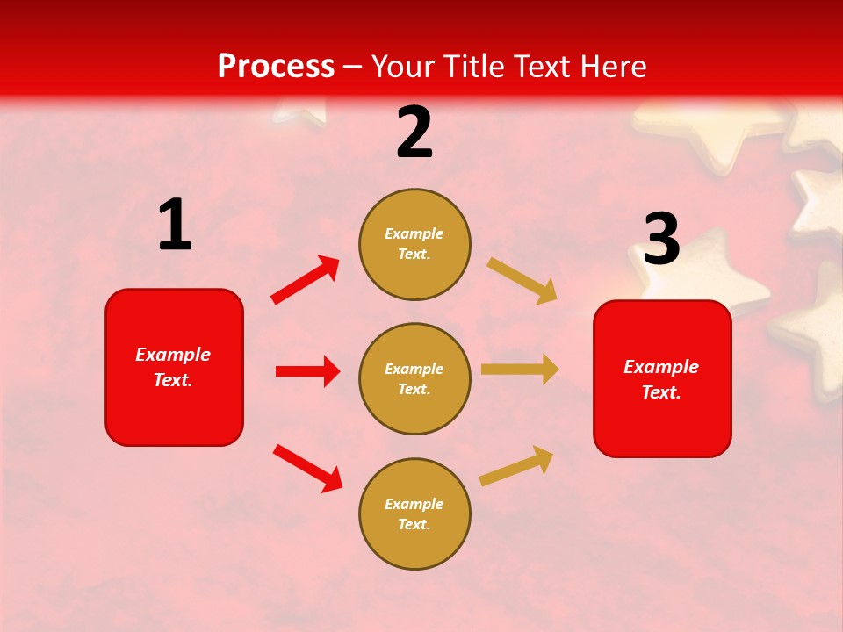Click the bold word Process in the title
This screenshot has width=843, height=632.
coord(276,67)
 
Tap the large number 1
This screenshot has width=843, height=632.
coord(175,226)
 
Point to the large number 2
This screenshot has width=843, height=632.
coord(414,133)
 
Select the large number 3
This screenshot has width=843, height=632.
coord(661,240)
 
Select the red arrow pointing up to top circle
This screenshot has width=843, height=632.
coord(306,280)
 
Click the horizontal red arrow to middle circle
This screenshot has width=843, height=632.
coord(307,371)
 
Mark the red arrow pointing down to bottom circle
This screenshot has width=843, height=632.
coord(307,467)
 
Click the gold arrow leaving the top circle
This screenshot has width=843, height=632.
coord(522,280)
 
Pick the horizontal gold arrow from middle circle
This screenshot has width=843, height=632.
coord(520,370)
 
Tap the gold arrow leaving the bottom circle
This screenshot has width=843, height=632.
coord(516,466)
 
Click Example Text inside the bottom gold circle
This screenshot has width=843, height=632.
coord(414,514)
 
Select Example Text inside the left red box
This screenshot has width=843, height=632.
coord(174,367)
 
